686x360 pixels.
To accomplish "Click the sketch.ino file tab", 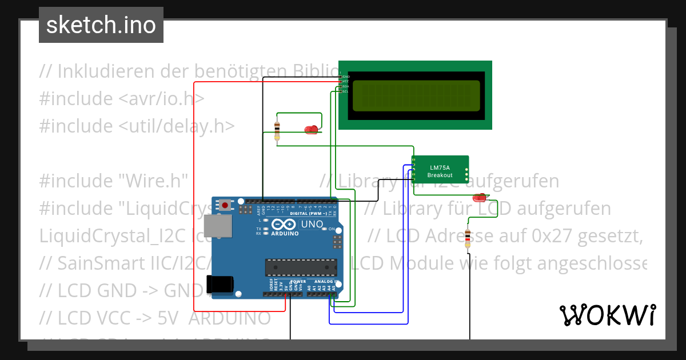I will coord(101,25).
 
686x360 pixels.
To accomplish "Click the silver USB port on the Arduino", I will coord(221,226).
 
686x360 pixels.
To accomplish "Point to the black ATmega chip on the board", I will coord(301,267).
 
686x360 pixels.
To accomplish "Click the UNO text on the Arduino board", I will coord(312,225).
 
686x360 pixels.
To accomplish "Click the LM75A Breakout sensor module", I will coord(440,171).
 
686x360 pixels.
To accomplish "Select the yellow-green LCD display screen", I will coord(416,95).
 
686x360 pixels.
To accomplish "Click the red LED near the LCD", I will coord(311,130).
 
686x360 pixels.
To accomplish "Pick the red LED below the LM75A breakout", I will coord(479,198).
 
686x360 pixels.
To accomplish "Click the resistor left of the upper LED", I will coord(277,130).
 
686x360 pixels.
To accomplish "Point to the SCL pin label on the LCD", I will coord(345,91).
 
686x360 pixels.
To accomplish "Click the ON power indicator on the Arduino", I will coord(331,229).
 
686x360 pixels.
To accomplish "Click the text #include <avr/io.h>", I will coord(122,98).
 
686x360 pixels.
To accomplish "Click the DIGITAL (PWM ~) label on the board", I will coord(309,213).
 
